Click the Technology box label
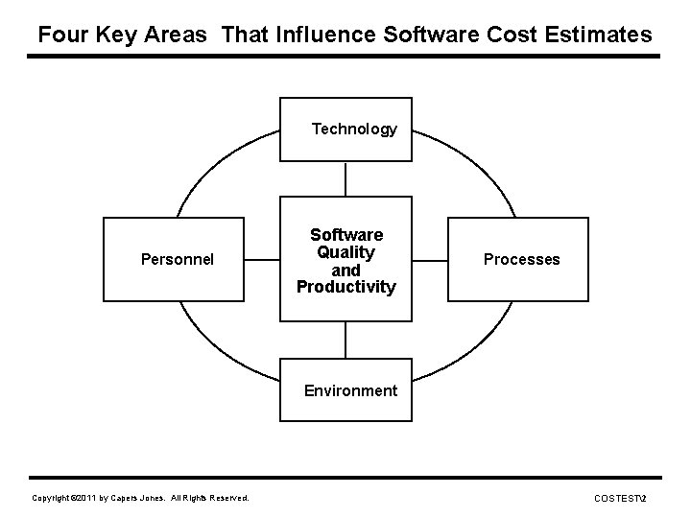[354, 129]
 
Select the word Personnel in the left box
[177, 259]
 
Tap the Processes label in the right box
[521, 259]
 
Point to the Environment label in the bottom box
[349, 390]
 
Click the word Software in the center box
[345, 235]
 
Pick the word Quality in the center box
[345, 252]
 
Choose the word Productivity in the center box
[345, 287]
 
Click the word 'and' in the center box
[345, 270]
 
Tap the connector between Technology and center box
[345, 179]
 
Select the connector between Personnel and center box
[261, 259]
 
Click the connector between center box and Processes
[431, 259]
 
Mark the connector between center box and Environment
[345, 340]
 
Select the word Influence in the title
[326, 35]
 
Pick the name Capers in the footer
[127, 498]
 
